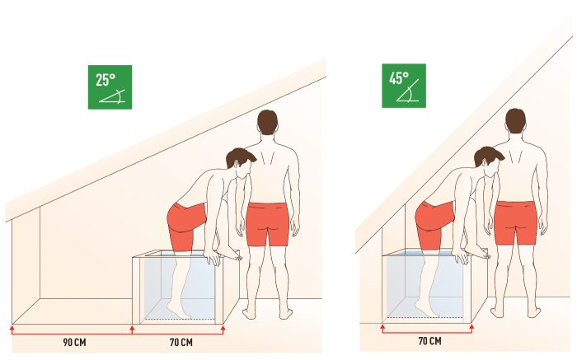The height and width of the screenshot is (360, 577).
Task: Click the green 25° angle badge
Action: [x=110, y=87]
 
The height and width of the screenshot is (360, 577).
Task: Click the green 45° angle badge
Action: [x=404, y=86]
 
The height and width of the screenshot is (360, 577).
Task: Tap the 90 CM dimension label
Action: [x=74, y=343]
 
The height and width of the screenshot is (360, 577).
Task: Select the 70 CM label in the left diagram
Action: [x=181, y=343]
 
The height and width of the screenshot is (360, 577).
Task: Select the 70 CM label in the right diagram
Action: [x=429, y=341]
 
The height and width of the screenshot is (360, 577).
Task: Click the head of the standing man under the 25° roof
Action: [x=268, y=123]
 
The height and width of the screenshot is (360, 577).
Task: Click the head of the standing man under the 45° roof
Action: [x=515, y=121]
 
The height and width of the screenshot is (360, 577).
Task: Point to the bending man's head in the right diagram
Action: [x=489, y=161]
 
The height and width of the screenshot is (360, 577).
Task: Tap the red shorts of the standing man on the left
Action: [x=268, y=223]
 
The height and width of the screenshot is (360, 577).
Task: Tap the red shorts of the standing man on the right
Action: [x=515, y=222]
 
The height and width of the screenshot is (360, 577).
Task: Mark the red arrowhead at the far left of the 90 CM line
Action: [x=12, y=328]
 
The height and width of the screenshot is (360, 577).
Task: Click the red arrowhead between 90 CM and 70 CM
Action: [x=133, y=328]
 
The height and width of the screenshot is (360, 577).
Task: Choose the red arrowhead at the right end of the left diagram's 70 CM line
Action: [x=223, y=328]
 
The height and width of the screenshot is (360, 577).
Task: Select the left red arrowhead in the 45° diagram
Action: [x=382, y=326]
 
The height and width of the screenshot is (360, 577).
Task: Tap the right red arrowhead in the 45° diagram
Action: [x=471, y=326]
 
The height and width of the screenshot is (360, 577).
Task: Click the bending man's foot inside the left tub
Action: [x=179, y=310]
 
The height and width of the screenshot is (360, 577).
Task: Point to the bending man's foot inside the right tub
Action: [x=427, y=309]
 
